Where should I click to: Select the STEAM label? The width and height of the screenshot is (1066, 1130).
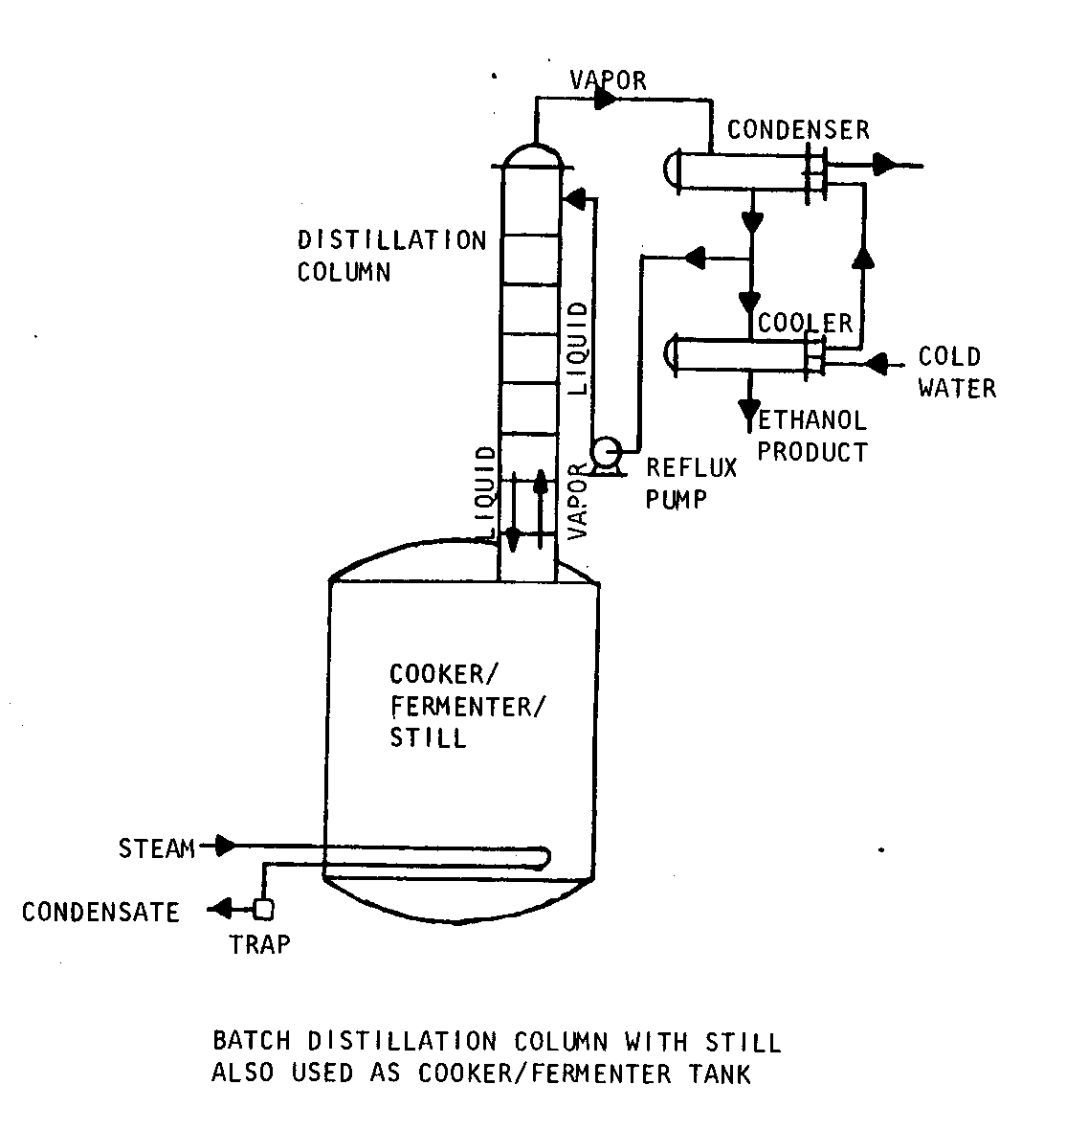(x=156, y=847)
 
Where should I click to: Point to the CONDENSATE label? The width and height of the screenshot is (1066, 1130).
(x=100, y=912)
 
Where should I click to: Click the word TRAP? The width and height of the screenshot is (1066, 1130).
(x=259, y=945)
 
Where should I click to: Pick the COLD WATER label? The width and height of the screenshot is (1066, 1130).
(x=956, y=373)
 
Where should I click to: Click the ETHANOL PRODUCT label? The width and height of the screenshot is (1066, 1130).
(x=812, y=436)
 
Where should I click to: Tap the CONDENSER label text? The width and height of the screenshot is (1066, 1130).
(x=798, y=129)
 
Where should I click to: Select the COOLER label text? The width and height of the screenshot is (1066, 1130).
(x=805, y=323)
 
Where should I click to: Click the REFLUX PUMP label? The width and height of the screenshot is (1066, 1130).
(x=692, y=482)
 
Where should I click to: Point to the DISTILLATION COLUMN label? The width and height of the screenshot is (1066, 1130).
(x=391, y=255)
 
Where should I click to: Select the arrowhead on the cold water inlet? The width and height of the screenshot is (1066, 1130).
(x=875, y=364)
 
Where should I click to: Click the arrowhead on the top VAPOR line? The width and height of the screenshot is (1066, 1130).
(x=606, y=99)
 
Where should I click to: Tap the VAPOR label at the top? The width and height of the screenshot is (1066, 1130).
(x=608, y=79)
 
